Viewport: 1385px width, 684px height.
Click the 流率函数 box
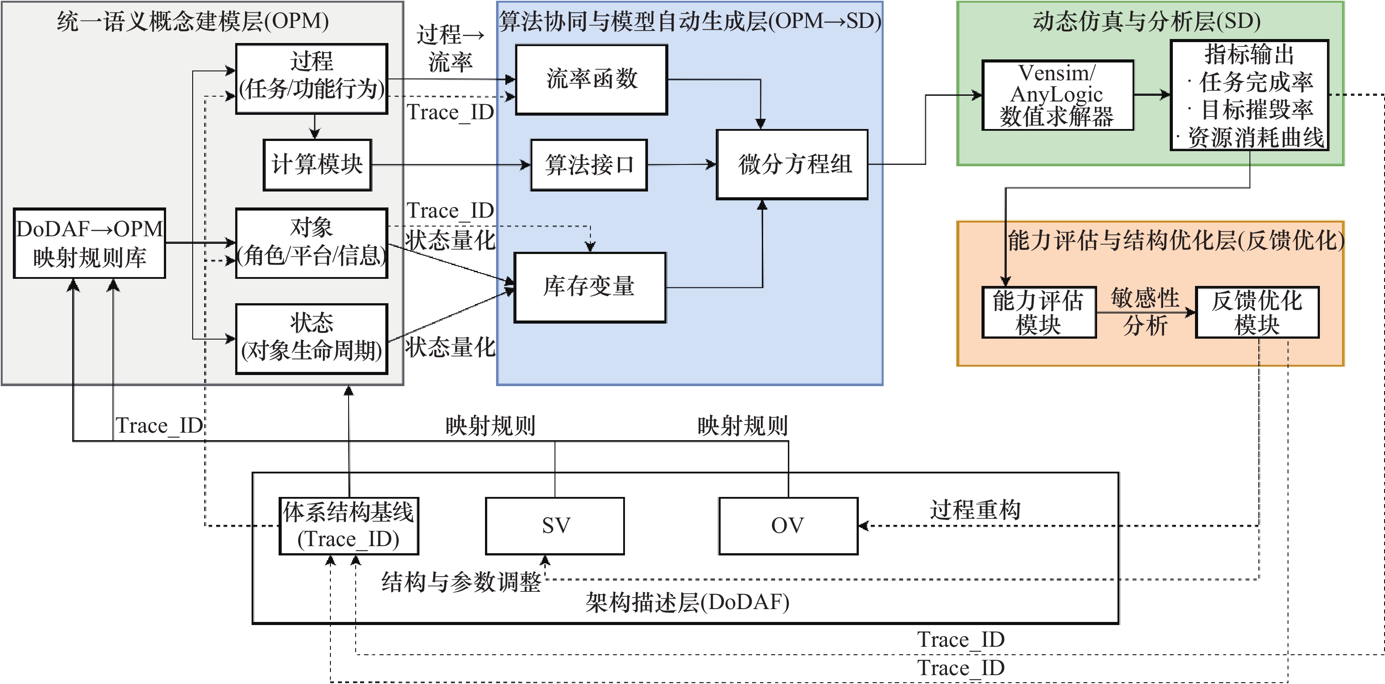point(591,80)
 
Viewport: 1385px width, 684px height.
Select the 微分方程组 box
point(792,164)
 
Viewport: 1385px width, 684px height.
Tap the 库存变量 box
point(590,287)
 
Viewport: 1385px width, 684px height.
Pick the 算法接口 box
point(589,164)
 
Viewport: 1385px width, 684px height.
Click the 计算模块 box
point(317,164)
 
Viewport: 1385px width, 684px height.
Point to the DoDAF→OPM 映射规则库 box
point(89,243)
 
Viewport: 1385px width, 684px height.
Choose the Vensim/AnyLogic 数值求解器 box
point(1058,95)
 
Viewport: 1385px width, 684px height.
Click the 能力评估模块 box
point(1039,312)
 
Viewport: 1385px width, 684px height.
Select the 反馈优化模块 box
point(1257,312)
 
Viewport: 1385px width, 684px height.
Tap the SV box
point(555,526)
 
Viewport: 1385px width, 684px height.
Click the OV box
point(788,526)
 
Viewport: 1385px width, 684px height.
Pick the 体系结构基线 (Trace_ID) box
point(349,526)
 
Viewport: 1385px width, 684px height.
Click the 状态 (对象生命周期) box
point(312,339)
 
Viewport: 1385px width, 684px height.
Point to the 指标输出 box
point(1249,95)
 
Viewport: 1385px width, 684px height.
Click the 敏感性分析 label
point(1145,312)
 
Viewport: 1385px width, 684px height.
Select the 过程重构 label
point(975,509)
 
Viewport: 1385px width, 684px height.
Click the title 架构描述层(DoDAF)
point(687,602)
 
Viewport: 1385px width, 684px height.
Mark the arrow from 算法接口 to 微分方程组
point(682,164)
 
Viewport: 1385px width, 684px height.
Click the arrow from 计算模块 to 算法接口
point(451,164)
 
